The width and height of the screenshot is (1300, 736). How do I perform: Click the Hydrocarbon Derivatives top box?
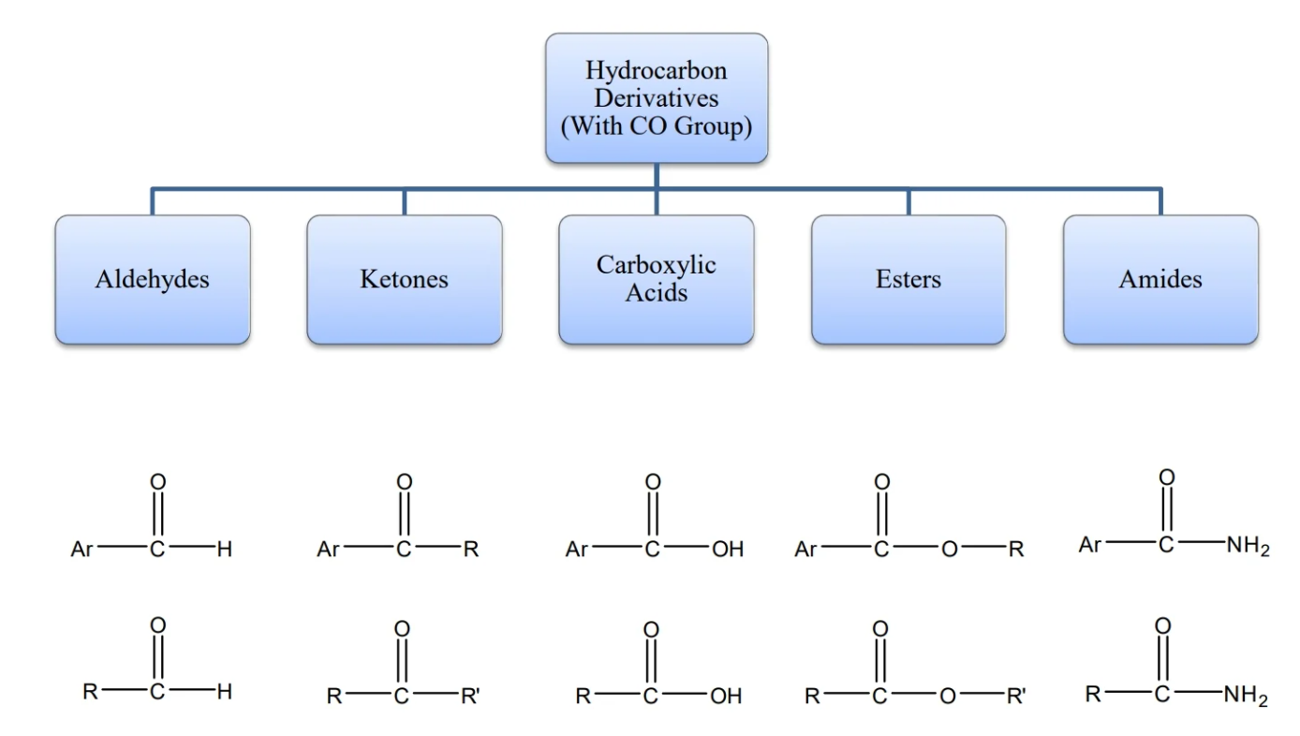[656, 98]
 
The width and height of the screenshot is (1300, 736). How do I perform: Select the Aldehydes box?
[152, 279]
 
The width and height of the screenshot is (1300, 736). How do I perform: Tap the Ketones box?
[404, 279]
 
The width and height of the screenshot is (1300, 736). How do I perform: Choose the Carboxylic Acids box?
[656, 279]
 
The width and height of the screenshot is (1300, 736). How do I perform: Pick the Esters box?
[908, 279]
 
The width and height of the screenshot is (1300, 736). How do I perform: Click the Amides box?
[1160, 279]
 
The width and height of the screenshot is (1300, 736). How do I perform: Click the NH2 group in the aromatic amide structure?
[1247, 547]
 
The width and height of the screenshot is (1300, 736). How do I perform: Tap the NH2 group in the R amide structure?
[1245, 696]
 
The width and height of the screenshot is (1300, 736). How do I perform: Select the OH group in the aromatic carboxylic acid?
[728, 551]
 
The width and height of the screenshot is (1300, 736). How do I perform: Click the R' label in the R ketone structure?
[470, 697]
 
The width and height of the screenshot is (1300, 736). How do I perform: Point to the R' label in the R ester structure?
[1016, 697]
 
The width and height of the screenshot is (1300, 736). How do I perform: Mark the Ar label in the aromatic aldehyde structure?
[81, 551]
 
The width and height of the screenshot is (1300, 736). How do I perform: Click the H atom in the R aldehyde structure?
[224, 693]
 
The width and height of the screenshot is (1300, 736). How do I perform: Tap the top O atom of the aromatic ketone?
[404, 482]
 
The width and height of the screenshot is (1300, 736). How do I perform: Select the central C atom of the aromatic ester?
[880, 551]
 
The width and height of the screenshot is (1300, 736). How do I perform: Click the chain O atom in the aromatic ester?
[949, 551]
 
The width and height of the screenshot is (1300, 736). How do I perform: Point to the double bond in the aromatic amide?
[1166, 511]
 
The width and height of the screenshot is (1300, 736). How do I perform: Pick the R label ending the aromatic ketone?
[471, 551]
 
